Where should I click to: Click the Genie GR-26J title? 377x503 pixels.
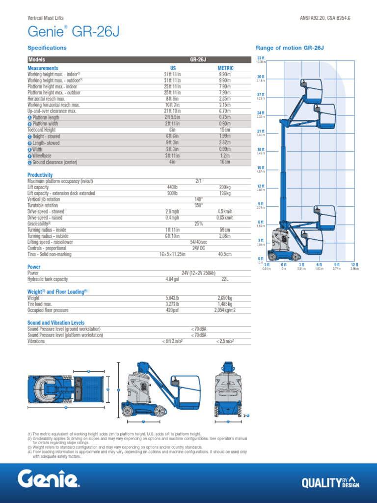pyautogui.click(x=73, y=32)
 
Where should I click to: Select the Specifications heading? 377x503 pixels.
pyautogui.click(x=47, y=48)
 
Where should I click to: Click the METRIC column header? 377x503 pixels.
pyautogui.click(x=225, y=68)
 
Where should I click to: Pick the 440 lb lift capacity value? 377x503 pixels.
pyautogui.click(x=173, y=188)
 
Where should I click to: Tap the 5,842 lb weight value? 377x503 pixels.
pyautogui.click(x=173, y=298)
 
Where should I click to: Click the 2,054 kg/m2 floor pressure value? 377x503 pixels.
pyautogui.click(x=225, y=310)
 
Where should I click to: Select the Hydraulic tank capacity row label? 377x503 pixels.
pyautogui.click(x=54, y=279)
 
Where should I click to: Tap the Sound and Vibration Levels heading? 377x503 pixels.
pyautogui.click(x=56, y=323)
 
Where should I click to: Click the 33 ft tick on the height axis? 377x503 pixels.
pyautogui.click(x=261, y=58)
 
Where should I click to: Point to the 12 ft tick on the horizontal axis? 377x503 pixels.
pyautogui.click(x=355, y=265)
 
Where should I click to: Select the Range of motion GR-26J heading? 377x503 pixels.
pyautogui.click(x=290, y=48)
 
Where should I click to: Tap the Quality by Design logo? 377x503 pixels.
pyautogui.click(x=330, y=483)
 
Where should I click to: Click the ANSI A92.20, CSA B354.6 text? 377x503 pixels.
pyautogui.click(x=325, y=18)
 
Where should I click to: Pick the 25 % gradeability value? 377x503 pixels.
pyautogui.click(x=198, y=224)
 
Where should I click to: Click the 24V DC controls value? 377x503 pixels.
pyautogui.click(x=198, y=248)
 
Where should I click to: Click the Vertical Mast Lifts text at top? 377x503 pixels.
pyautogui.click(x=46, y=18)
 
